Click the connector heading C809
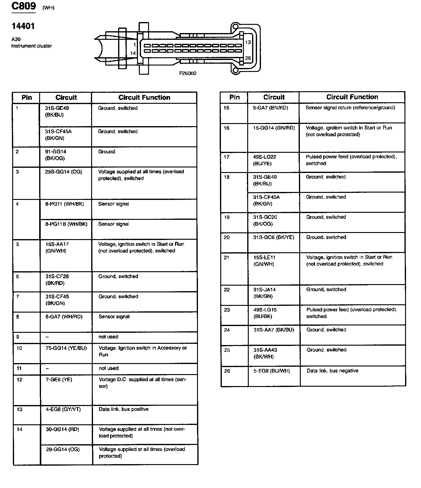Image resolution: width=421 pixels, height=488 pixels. tap(24, 6)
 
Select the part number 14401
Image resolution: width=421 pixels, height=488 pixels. tap(23, 26)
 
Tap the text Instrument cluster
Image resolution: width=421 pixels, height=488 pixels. tap(32, 46)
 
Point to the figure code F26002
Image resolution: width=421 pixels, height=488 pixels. tap(188, 73)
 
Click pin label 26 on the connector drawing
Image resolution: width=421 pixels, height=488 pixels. tap(248, 58)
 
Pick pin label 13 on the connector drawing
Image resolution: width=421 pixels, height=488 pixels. tap(248, 42)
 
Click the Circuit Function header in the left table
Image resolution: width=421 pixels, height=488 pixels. tap(144, 98)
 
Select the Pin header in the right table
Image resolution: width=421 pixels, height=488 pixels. tap(234, 97)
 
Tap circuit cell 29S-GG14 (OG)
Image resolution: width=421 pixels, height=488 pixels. tap(64, 172)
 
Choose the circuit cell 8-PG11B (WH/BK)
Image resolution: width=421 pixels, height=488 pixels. tap(66, 224)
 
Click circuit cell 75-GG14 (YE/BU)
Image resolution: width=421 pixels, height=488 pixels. tap(66, 348)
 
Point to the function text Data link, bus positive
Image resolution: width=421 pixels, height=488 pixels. tap(124, 409)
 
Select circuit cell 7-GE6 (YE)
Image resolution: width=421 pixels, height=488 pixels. tap(59, 380)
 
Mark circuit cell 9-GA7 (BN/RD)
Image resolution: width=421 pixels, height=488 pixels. tap(270, 108)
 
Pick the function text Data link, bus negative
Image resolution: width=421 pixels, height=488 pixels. tap(332, 371)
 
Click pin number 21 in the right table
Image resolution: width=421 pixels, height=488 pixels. tap(226, 257)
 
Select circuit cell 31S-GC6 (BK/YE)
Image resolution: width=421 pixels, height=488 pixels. tap(274, 237)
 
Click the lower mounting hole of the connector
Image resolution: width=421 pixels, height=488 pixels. tap(235, 71)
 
